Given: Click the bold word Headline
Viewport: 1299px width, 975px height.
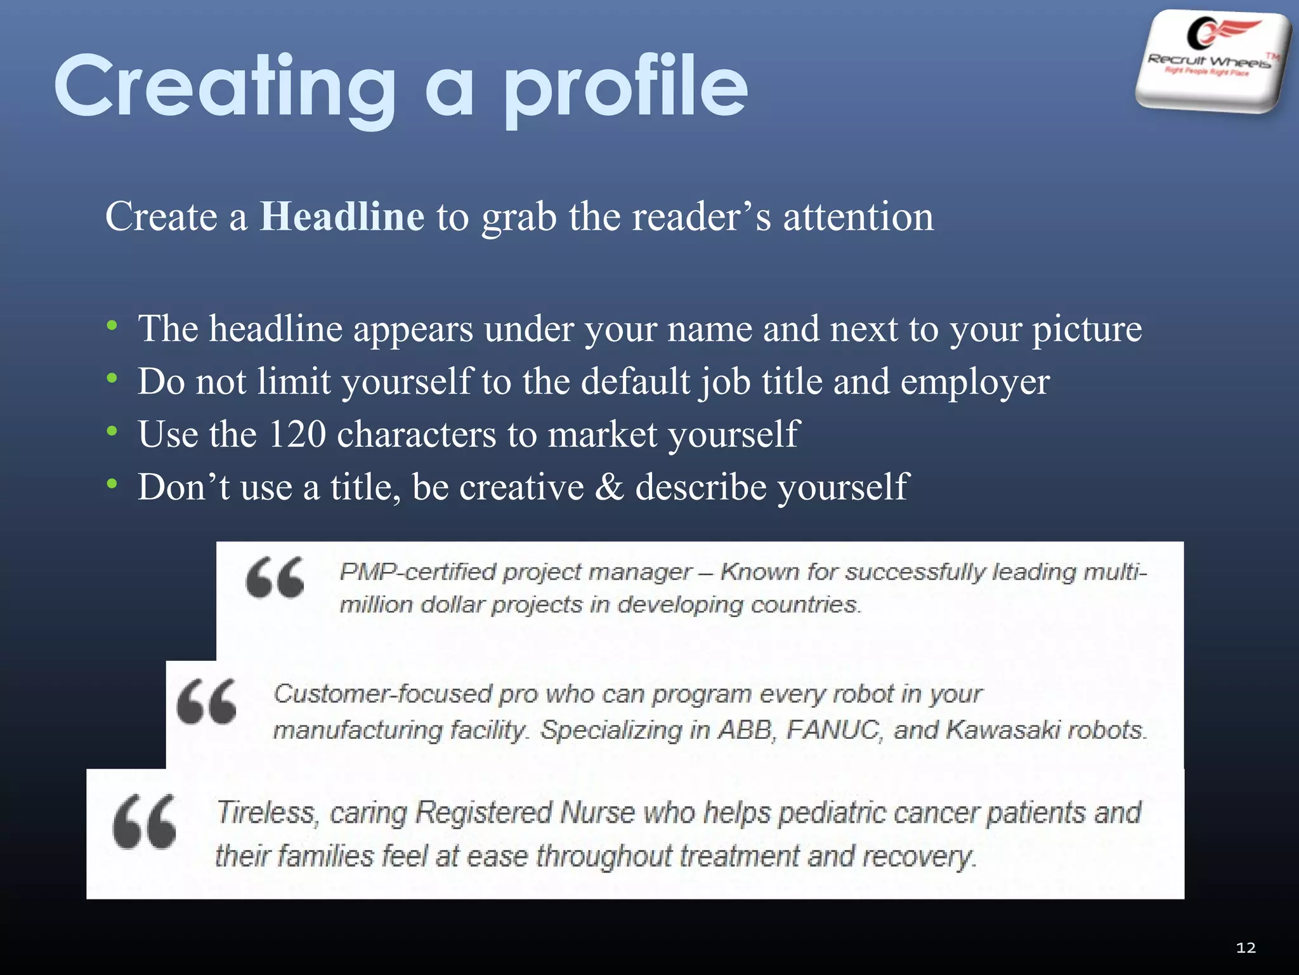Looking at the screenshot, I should pyautogui.click(x=342, y=217).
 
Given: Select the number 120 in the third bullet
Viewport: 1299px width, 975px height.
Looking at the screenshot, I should pyautogui.click(x=297, y=435).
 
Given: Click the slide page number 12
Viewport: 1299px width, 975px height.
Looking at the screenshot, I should pyautogui.click(x=1246, y=948).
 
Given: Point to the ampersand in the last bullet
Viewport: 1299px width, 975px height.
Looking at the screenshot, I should pyautogui.click(x=610, y=487).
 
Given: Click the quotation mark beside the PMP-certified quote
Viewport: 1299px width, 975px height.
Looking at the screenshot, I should pyautogui.click(x=275, y=578).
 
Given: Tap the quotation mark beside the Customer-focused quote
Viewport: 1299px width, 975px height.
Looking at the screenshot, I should pyautogui.click(x=207, y=701).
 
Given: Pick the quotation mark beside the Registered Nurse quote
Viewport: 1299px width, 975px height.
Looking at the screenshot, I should pyautogui.click(x=145, y=821).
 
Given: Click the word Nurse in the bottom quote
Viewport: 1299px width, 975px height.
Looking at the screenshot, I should pyautogui.click(x=597, y=813).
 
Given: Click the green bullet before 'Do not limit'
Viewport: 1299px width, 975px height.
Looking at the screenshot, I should pyautogui.click(x=112, y=379).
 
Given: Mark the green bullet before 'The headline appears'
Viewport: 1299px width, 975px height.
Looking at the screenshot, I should pyautogui.click(x=112, y=326).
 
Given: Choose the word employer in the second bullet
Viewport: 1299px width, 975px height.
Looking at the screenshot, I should pyautogui.click(x=975, y=383).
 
